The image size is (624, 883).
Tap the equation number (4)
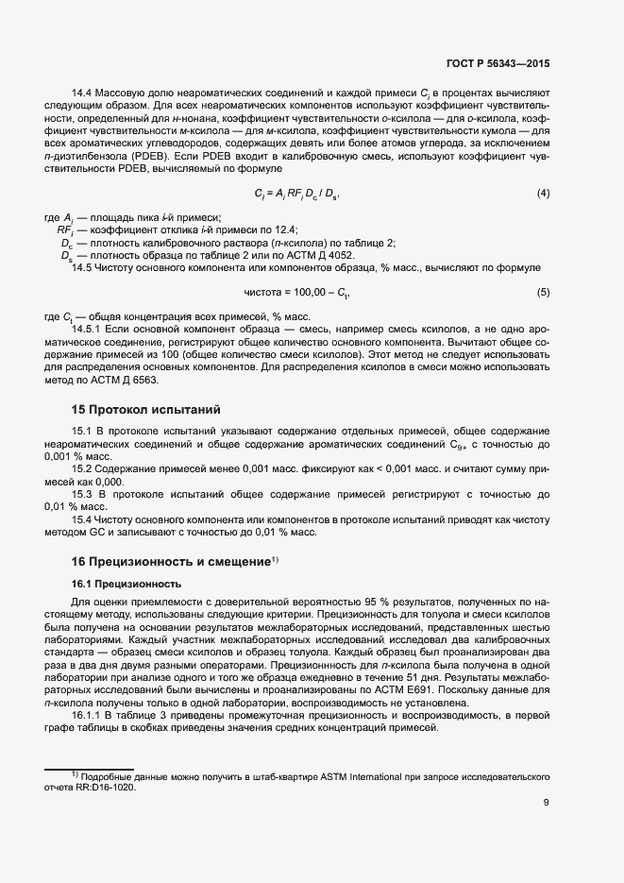coord(543,194)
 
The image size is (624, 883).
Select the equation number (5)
coord(543,293)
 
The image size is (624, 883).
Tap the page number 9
coord(547,804)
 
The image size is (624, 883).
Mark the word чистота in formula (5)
coord(261,293)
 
